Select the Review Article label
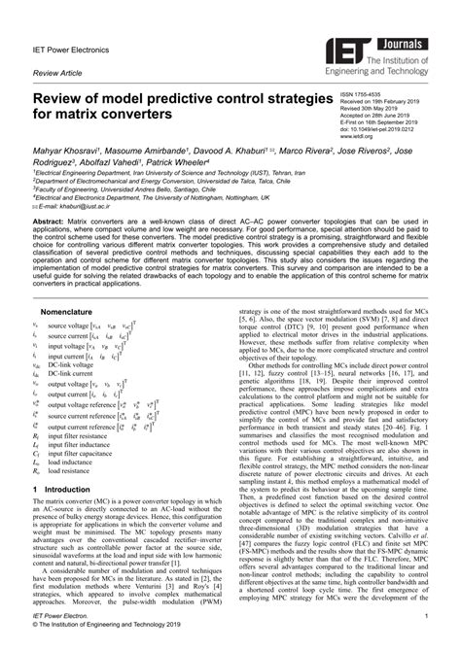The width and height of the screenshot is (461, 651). point(56,74)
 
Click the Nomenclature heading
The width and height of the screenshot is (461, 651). point(65,312)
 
